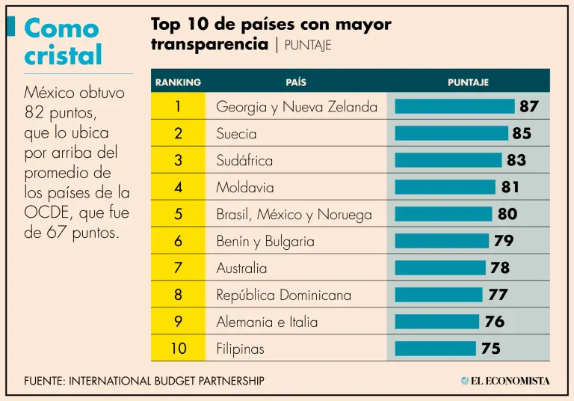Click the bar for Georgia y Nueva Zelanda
[454, 106]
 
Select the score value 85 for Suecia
[522, 133]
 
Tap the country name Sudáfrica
[244, 160]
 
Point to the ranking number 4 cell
[178, 187]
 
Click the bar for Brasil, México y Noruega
[443, 214]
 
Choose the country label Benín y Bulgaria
[265, 241]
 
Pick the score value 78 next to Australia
[500, 268]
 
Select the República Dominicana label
[283, 295]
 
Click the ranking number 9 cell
[178, 322]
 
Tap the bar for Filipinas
[435, 349]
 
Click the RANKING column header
[178, 82]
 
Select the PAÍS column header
[296, 82]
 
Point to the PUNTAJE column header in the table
[468, 82]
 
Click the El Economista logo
[505, 381]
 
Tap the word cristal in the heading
[64, 55]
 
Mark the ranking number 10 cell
[178, 349]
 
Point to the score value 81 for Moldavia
[510, 187]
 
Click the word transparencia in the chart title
[209, 44]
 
